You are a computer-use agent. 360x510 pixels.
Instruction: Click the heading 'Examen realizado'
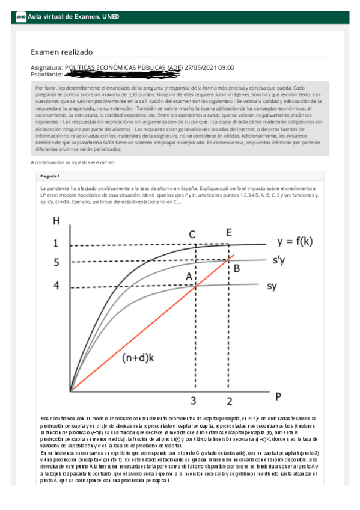61,52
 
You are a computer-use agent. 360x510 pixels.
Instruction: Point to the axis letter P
278,396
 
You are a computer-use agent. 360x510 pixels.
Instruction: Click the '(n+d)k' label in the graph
139,358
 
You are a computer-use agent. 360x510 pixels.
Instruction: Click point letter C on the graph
192,233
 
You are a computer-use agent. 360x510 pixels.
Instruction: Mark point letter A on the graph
189,276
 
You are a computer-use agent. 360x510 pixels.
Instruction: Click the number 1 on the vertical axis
56,244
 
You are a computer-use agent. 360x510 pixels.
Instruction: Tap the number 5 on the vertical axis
56,262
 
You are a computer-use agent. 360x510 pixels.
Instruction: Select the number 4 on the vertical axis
56,286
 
